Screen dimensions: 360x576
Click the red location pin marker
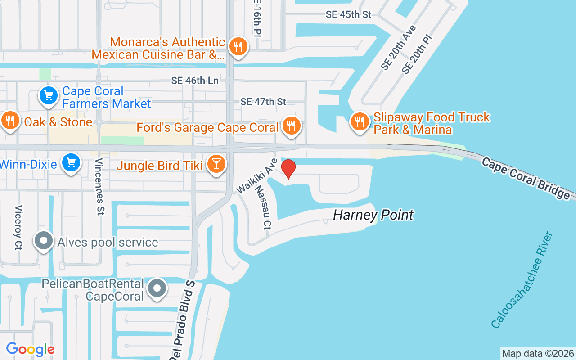[288, 169]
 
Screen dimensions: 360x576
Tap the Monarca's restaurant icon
[238, 47]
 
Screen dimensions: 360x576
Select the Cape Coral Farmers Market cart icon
[49, 95]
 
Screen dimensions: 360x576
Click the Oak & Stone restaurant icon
[9, 121]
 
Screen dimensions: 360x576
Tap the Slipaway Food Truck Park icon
[359, 121]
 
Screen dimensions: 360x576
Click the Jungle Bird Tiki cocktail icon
[216, 164]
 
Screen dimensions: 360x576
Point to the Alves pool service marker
[44, 241]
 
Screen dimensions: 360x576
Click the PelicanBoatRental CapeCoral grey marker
[157, 288]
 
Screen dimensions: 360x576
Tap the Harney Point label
[373, 215]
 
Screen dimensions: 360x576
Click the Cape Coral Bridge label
[525, 177]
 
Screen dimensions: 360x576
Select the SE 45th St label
[349, 14]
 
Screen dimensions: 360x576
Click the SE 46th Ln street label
[195, 81]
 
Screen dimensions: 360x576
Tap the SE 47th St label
[263, 102]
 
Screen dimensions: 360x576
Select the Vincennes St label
[99, 187]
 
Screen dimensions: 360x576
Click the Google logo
[30, 349]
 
